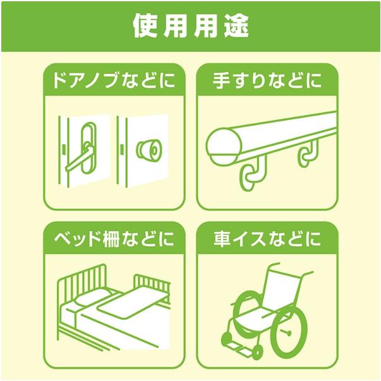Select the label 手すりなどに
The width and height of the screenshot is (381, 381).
[267, 82]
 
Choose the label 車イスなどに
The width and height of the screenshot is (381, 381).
[267, 239]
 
